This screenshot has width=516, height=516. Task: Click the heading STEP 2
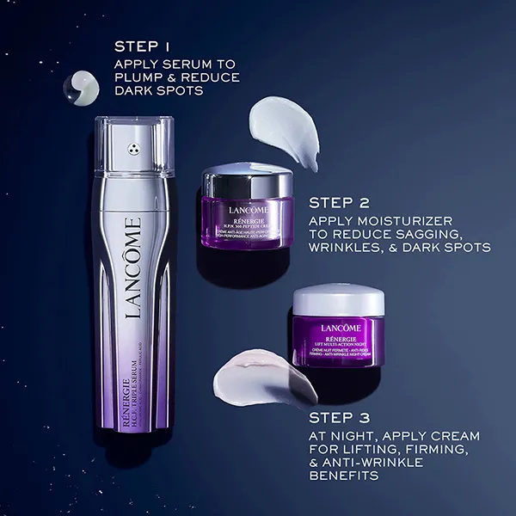coord(339,204)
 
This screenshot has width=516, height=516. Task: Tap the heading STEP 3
coord(339,418)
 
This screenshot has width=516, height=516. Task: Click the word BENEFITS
coord(343,475)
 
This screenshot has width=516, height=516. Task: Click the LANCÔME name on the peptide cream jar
coord(249,210)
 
